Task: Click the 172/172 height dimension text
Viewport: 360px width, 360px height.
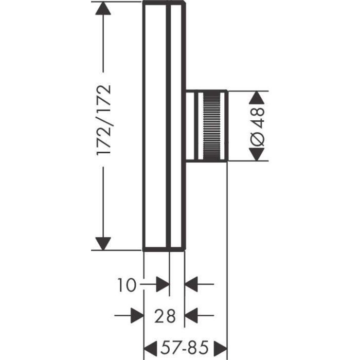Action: [x=104, y=120]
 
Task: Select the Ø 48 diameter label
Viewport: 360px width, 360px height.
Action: [x=259, y=125]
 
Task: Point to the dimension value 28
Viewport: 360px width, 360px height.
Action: [x=164, y=316]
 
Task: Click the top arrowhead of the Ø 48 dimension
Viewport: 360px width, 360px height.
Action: [x=259, y=98]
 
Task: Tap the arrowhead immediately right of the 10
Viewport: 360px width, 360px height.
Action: [x=163, y=284]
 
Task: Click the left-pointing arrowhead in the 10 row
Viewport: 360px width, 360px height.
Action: [x=192, y=284]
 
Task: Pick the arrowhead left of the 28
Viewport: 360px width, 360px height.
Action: [x=137, y=315]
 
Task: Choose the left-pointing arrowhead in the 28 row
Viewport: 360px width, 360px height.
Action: [x=192, y=315]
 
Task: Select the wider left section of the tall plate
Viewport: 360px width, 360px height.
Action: [x=155, y=126]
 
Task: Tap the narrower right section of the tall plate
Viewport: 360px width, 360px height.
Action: [x=176, y=126]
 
